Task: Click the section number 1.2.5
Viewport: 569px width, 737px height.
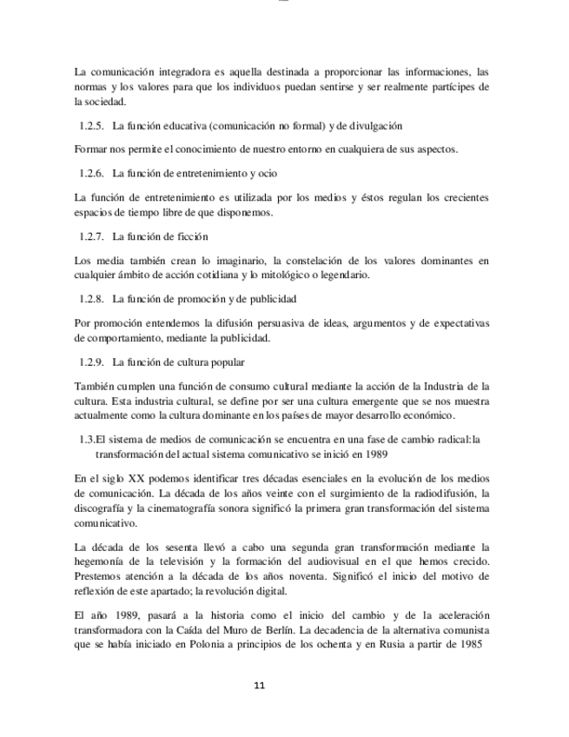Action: (91, 126)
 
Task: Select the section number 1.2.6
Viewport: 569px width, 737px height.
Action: (91, 173)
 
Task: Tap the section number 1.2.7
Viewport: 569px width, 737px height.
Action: (91, 236)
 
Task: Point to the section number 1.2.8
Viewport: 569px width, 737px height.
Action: (91, 300)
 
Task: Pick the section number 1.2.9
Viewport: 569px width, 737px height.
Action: (91, 362)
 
